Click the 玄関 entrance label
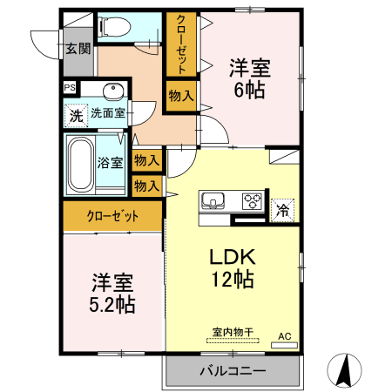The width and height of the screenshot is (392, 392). pyautogui.click(x=77, y=48)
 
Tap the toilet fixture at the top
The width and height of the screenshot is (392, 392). pyautogui.click(x=114, y=28)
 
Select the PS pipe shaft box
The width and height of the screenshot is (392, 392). pyautogui.click(x=69, y=87)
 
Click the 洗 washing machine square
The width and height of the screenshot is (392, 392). pyautogui.click(x=76, y=114)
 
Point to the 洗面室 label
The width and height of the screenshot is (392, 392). pyautogui.click(x=109, y=113)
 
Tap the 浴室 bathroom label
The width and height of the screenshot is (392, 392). pyautogui.click(x=110, y=162)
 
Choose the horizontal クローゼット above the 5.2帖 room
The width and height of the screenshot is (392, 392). pyautogui.click(x=112, y=217)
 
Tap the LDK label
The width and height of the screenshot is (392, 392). pyautogui.click(x=232, y=258)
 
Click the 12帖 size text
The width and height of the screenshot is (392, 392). pyautogui.click(x=232, y=280)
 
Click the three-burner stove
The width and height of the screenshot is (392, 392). pyautogui.click(x=253, y=202)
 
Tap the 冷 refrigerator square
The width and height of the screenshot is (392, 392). pyautogui.click(x=283, y=209)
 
